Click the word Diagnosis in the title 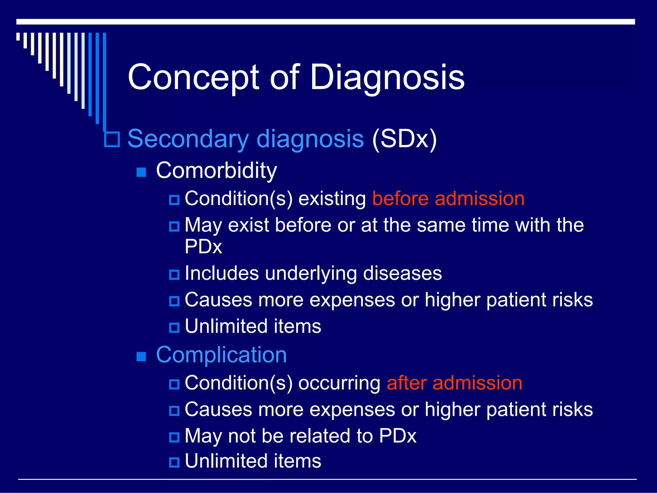point(387,77)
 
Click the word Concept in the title point(193,77)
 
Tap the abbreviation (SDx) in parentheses point(404,139)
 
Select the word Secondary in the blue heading point(188,139)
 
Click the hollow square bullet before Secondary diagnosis point(112,139)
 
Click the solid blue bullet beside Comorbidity point(141,172)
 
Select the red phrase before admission point(448,198)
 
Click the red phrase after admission point(454,383)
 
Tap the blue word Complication point(221,355)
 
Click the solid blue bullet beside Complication point(141,357)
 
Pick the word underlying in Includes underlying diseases point(311,273)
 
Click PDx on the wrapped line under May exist point(203,246)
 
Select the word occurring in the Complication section point(339,383)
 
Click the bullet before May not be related point(174,437)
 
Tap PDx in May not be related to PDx point(397,436)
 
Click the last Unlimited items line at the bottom point(253,461)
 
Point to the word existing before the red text point(332,198)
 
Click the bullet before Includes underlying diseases point(174,274)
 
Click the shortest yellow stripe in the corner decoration point(18,37)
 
